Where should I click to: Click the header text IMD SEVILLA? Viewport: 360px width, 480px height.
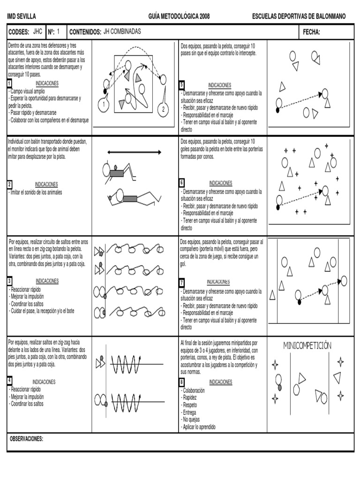(x=22, y=16)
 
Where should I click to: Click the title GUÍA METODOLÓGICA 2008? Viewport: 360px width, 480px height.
(x=179, y=16)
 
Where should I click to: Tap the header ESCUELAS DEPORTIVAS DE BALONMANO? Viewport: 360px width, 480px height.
(x=299, y=16)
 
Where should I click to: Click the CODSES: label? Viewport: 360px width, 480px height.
(x=19, y=32)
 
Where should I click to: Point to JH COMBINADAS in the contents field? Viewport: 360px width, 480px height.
(x=121, y=31)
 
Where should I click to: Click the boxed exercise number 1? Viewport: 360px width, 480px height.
(x=9, y=84)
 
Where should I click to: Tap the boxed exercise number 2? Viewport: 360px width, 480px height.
(x=9, y=184)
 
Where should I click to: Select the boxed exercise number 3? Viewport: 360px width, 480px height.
(x=9, y=281)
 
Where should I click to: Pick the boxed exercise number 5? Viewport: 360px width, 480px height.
(x=182, y=85)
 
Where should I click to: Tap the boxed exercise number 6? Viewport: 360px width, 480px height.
(x=182, y=183)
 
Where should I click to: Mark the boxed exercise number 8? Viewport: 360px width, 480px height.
(x=182, y=382)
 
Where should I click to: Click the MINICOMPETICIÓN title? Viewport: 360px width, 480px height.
(x=307, y=345)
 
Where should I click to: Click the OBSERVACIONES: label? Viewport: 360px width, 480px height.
(x=26, y=439)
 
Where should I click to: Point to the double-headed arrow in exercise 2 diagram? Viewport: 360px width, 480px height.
(x=134, y=152)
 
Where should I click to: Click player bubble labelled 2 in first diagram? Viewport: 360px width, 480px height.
(x=163, y=109)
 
